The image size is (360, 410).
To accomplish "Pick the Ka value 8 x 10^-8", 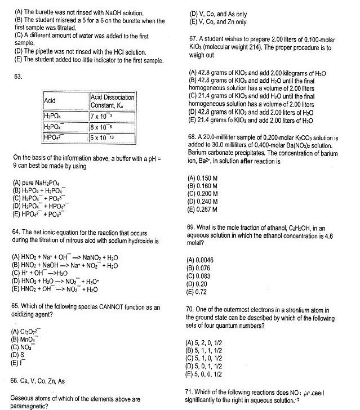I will (x=103, y=126).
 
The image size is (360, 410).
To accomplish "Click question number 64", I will (x=17, y=232).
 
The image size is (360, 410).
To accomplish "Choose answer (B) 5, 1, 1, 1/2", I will (x=211, y=350).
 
